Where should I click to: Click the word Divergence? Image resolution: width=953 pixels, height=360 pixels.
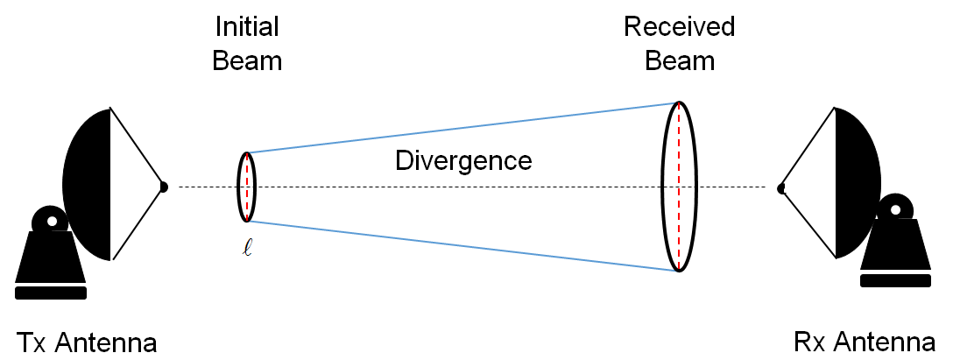coord(463,161)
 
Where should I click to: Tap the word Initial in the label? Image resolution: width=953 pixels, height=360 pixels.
coord(247,27)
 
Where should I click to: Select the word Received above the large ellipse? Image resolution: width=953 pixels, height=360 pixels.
coord(679,27)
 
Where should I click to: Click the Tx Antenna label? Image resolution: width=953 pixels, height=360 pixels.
coord(86,342)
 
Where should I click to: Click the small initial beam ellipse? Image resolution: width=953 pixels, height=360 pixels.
coord(239,187)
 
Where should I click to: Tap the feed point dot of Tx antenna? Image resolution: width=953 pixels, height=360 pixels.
coord(163,186)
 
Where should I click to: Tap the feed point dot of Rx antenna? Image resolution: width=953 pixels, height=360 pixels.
coord(780,187)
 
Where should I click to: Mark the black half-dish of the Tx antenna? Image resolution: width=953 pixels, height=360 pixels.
coord(88,184)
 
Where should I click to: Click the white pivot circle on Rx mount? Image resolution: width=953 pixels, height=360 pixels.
coord(894,209)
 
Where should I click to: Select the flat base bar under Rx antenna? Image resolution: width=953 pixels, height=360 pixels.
coord(894,281)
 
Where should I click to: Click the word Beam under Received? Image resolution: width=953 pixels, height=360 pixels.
coord(679,61)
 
